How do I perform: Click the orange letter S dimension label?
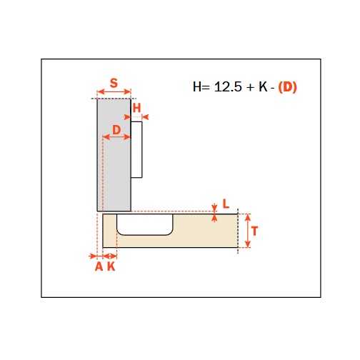(x=114, y=83)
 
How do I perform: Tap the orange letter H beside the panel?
(x=136, y=108)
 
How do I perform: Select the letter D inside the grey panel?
(x=116, y=130)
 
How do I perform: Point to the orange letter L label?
(x=226, y=204)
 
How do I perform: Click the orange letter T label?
(x=254, y=231)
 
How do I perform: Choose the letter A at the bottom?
(x=99, y=266)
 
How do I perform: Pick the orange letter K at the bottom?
(x=111, y=266)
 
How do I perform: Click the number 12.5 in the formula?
(x=228, y=86)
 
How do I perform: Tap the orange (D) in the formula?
(x=287, y=87)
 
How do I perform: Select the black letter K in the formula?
(x=263, y=86)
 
